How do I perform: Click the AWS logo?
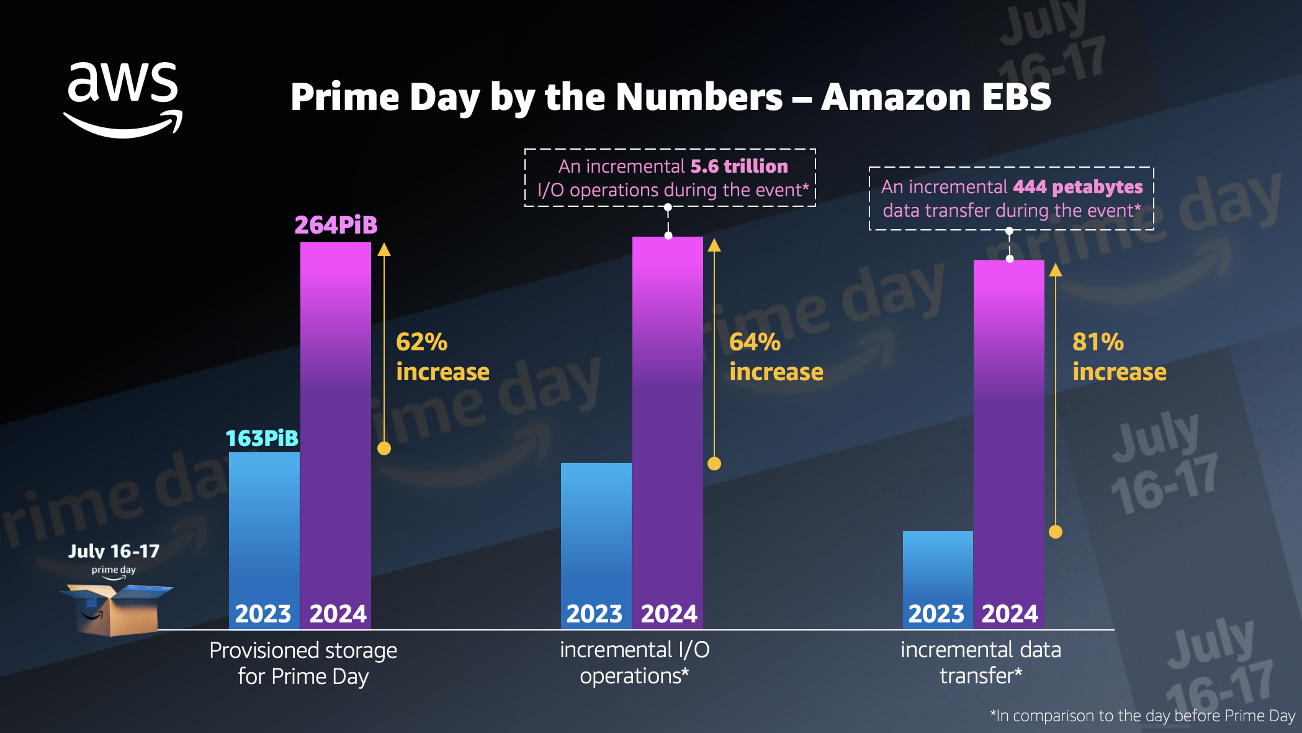pos(123,99)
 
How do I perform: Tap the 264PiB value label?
pos(336,225)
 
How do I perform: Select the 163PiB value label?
pos(262,439)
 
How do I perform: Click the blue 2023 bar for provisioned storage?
pos(264,528)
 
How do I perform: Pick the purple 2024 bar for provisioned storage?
pos(336,422)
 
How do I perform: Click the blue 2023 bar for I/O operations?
pos(596,534)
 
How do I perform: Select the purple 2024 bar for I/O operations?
pos(668,422)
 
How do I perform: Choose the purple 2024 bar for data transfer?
pos(1009,435)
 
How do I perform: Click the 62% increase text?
pos(442,357)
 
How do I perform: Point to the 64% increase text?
pos(776,357)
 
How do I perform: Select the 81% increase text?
pos(1119,357)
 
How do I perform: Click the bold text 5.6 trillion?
pos(739,166)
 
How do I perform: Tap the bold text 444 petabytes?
pos(1077,187)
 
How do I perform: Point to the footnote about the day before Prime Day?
pos(1143,716)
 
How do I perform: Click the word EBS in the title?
pos(1016,98)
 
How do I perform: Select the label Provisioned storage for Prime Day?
pos(303,663)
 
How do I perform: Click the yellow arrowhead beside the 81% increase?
pos(1056,270)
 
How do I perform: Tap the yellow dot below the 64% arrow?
pos(714,463)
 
